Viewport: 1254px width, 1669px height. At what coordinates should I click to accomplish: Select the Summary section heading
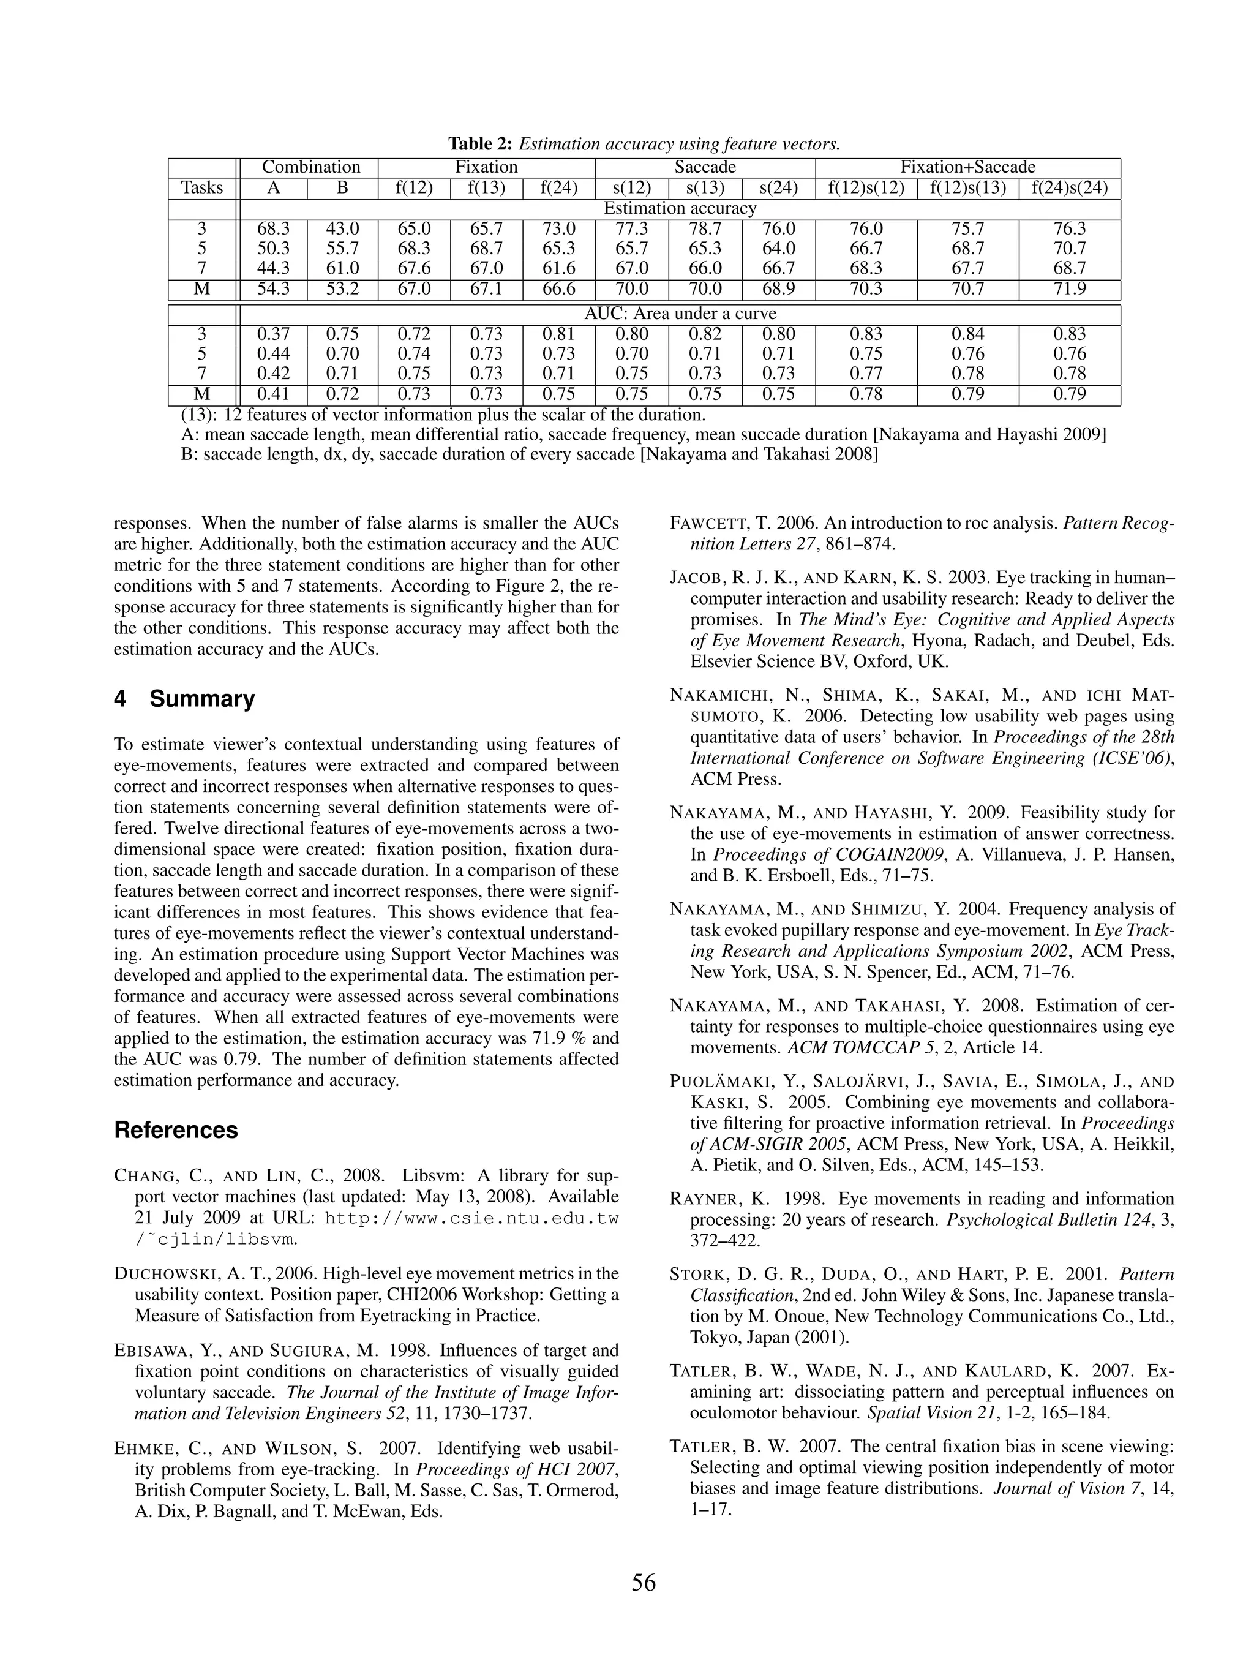click(184, 699)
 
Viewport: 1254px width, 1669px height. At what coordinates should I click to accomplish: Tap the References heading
click(176, 1129)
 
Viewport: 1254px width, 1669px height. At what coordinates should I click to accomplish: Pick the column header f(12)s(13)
click(967, 188)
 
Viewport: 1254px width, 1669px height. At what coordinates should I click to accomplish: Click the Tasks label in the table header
click(201, 188)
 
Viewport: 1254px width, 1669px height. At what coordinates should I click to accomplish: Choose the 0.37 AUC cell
click(272, 334)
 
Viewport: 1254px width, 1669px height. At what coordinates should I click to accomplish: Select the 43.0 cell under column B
click(342, 228)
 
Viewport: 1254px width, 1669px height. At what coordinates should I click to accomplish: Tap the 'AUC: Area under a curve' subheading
click(679, 314)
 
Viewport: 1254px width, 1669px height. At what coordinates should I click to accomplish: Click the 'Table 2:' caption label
click(481, 143)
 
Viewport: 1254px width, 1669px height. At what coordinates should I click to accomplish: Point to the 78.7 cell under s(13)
click(705, 228)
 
